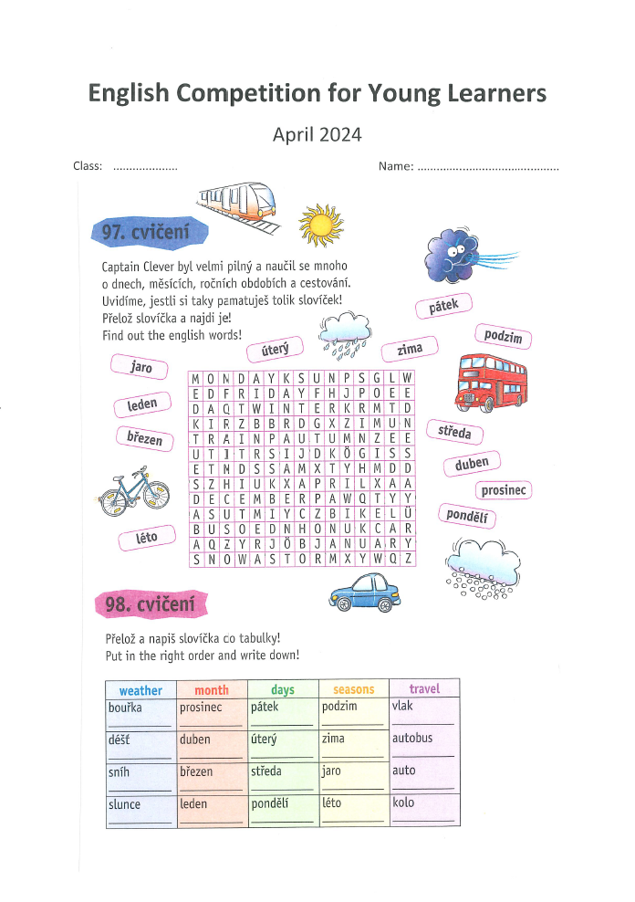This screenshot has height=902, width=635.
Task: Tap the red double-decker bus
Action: [491, 383]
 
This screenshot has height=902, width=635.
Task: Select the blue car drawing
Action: [365, 593]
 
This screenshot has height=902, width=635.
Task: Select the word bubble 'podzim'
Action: [503, 337]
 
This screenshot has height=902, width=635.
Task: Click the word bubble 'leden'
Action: [142, 404]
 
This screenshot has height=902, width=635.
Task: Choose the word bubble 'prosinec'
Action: [503, 490]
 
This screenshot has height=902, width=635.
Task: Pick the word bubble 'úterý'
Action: [275, 349]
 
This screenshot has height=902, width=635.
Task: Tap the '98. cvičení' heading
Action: [151, 604]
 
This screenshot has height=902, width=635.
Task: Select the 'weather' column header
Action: [141, 690]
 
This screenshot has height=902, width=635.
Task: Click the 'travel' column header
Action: [424, 688]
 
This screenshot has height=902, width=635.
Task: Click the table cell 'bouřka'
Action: [126, 707]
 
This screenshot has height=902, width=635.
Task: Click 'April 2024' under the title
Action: [317, 135]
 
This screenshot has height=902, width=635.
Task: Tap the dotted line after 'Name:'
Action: [487, 168]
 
